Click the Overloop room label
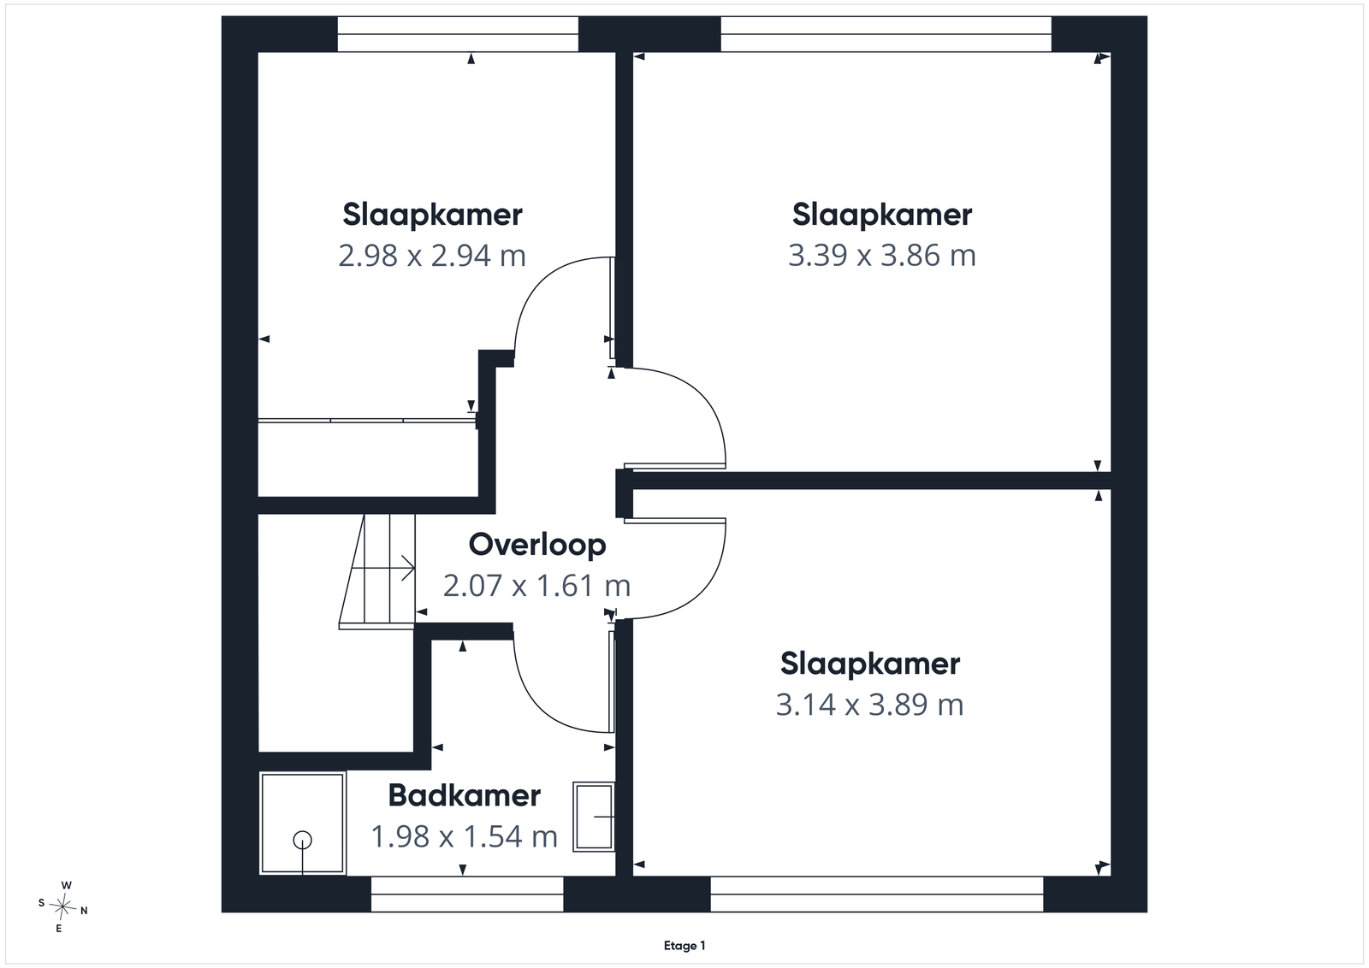[537, 545]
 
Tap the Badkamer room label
[465, 796]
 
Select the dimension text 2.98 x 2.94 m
[432, 256]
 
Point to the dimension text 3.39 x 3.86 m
[882, 256]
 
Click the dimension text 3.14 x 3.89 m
[869, 704]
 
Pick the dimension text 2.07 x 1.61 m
[536, 586]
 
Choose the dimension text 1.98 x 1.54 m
[465, 836]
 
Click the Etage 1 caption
[684, 946]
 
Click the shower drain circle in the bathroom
[303, 841]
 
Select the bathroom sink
[594, 817]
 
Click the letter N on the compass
[85, 911]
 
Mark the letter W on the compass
[67, 886]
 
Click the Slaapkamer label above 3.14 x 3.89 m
[869, 664]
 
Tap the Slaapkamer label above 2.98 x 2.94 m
[432, 215]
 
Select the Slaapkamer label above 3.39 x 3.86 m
[882, 215]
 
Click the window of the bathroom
[467, 894]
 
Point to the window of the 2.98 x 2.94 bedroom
[458, 34]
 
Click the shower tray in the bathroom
[303, 823]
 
